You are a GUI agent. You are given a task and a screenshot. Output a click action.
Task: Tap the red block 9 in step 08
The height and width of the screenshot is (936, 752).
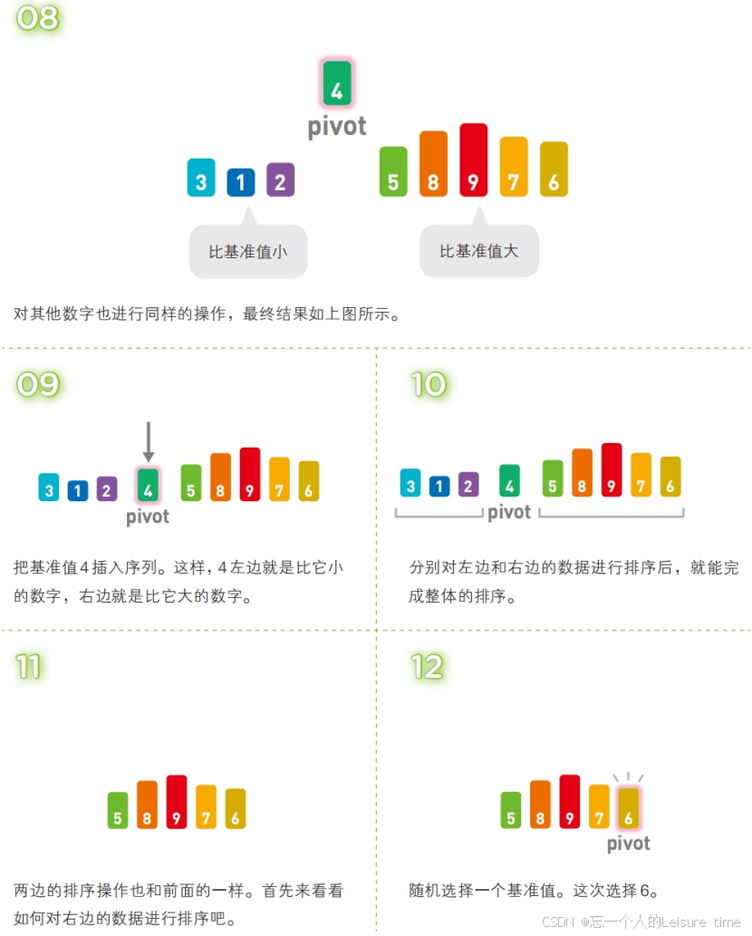tap(473, 160)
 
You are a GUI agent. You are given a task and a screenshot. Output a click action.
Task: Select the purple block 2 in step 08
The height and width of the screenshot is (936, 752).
tap(280, 179)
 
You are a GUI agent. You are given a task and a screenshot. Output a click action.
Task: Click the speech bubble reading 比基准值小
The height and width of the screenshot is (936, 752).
tap(248, 252)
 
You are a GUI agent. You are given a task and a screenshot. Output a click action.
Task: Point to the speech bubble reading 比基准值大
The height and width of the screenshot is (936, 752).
tap(478, 251)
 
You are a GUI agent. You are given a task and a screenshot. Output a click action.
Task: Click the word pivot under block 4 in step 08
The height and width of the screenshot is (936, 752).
tap(337, 126)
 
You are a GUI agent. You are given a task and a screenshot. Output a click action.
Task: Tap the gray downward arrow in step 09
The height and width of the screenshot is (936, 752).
tap(149, 441)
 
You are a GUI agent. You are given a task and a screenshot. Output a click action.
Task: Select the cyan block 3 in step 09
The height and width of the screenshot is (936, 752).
tap(49, 488)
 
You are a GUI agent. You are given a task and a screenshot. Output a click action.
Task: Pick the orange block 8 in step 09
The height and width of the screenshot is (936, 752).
tap(220, 478)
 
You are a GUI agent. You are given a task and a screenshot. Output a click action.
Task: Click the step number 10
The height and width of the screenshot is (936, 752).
tap(429, 384)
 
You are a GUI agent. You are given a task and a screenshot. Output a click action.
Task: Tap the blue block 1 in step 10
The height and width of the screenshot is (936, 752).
tap(439, 486)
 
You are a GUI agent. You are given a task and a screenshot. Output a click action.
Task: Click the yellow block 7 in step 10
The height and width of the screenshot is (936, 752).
tap(641, 475)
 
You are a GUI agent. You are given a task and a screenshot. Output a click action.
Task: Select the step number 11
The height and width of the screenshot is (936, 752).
tap(29, 668)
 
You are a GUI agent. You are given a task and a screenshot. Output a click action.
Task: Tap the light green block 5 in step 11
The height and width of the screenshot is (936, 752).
tap(118, 810)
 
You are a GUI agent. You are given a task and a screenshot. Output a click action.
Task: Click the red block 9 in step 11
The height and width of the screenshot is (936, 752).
tap(177, 802)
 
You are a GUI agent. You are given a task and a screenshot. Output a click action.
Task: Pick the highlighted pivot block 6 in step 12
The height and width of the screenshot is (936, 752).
tap(628, 807)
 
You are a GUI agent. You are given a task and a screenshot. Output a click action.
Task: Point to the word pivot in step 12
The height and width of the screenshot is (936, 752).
tap(628, 844)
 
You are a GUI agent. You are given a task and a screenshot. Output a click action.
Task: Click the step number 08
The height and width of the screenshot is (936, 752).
tap(37, 17)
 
